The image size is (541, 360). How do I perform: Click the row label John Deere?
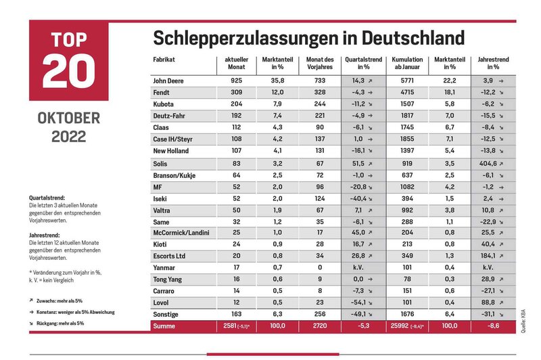[168, 81]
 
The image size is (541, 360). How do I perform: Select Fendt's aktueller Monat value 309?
[236, 92]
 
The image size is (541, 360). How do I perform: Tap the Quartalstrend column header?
[363, 63]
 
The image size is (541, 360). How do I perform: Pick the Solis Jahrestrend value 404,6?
[488, 164]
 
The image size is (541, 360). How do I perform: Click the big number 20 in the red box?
[69, 71]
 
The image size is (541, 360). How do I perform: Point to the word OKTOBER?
[69, 118]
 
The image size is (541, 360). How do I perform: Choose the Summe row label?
[164, 326]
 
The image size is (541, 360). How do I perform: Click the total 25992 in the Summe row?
[400, 325]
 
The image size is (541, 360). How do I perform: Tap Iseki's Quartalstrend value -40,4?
[359, 199]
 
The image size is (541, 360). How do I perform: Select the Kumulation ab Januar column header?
[407, 63]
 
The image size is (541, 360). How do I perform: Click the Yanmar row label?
[164, 268]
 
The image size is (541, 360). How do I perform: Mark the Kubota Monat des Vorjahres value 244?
[320, 104]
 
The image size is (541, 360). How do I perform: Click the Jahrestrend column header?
[493, 63]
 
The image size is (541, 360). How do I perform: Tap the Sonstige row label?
[166, 315]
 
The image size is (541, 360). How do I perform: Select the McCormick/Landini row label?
[181, 233]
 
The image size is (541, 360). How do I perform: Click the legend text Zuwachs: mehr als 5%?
[60, 301]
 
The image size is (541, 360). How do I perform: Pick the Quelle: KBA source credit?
[523, 321]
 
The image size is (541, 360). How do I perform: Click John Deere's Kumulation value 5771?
[407, 81]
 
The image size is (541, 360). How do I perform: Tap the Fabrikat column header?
[164, 60]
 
